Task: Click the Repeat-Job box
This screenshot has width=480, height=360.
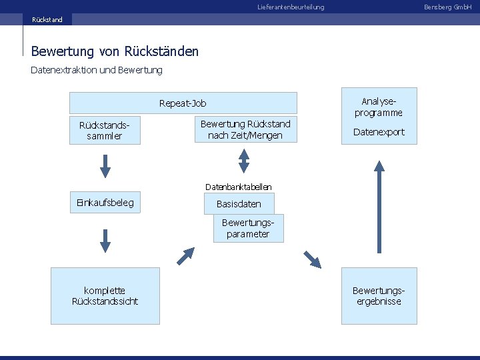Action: pos(183,103)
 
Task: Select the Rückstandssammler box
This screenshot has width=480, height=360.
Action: pos(105,131)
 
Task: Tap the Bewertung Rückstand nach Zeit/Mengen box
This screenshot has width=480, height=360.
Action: pos(245,129)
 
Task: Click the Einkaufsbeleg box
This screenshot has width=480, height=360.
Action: pos(105,203)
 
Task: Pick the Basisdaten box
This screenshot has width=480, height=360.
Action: pos(239,204)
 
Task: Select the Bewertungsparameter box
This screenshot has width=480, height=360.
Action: pos(248,228)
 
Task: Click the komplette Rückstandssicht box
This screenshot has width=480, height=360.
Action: pos(105,296)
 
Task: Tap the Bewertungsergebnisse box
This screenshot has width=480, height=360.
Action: pos(379,296)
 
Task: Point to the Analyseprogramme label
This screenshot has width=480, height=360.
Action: pos(379,107)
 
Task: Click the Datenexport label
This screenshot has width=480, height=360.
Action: pos(379,132)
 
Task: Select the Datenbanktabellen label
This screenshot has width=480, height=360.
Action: pos(238,187)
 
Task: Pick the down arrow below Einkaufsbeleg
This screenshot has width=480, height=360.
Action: pos(105,240)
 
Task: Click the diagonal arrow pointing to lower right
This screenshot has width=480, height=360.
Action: pos(311,259)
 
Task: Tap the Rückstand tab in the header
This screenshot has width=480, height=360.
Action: pos(47,19)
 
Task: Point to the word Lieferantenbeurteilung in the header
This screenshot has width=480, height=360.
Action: pos(291,7)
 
